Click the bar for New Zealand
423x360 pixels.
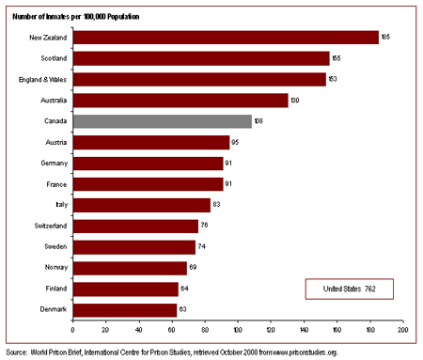pyautogui.click(x=226, y=38)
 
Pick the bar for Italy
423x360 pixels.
pyautogui.click(x=141, y=205)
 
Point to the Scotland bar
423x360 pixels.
pyautogui.click(x=201, y=58)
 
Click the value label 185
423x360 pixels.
pyautogui.click(x=386, y=38)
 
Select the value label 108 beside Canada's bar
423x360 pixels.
pyautogui.click(x=259, y=121)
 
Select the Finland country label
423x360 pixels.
pyautogui.click(x=54, y=289)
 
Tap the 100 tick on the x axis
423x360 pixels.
pyautogui.click(x=238, y=330)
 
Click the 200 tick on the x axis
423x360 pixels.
pyautogui.click(x=402, y=330)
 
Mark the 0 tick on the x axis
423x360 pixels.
pyautogui.click(x=72, y=330)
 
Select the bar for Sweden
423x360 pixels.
pyautogui.click(x=133, y=246)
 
